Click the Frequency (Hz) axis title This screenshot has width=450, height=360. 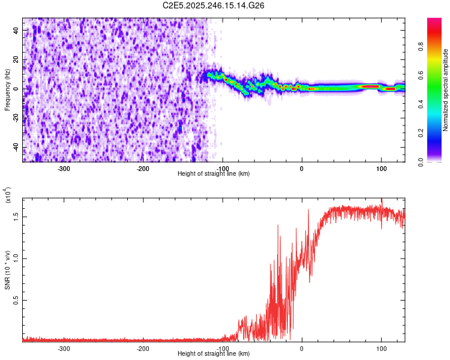tap(7, 90)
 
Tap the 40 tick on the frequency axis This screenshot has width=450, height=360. tap(17, 30)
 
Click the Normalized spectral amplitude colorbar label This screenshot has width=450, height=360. tap(446, 90)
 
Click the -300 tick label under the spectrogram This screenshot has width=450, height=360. tap(64, 168)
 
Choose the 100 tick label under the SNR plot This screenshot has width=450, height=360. tap(381, 348)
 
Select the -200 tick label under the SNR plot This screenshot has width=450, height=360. tap(143, 348)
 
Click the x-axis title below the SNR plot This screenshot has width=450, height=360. tap(214, 354)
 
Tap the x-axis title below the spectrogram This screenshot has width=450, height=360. tap(214, 173)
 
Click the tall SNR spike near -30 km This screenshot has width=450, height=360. tap(278, 226)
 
